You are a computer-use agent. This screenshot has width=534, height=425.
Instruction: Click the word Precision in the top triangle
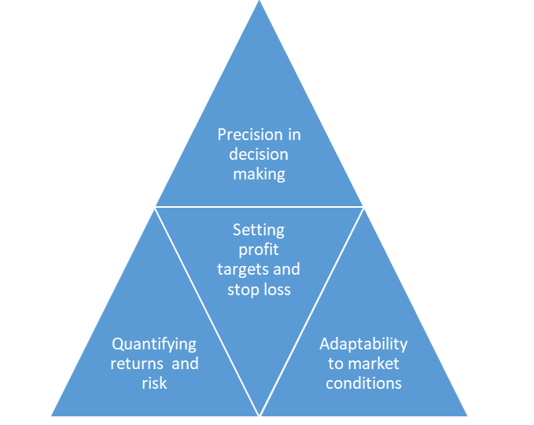(250, 135)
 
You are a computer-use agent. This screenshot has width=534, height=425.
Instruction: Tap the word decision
(259, 154)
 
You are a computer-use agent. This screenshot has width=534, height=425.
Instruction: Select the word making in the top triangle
(259, 175)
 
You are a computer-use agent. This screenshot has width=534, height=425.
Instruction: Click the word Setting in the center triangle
(259, 231)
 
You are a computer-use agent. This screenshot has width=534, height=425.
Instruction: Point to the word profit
(259, 250)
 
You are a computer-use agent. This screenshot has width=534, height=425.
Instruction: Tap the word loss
(274, 290)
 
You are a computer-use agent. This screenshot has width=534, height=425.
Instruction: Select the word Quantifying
(154, 345)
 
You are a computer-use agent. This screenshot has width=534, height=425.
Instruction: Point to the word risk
(154, 383)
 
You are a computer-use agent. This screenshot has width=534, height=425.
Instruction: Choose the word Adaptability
(363, 345)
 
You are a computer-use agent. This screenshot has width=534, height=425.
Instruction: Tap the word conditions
(363, 383)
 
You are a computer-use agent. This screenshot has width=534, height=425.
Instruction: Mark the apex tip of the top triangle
(260, 1)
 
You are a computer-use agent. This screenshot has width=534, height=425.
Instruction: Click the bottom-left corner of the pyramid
(51, 416)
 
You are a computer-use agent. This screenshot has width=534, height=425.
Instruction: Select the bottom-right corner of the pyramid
(467, 416)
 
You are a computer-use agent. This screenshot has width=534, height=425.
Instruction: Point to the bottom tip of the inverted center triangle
(260, 415)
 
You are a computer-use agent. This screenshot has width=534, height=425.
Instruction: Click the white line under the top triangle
(260, 206)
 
